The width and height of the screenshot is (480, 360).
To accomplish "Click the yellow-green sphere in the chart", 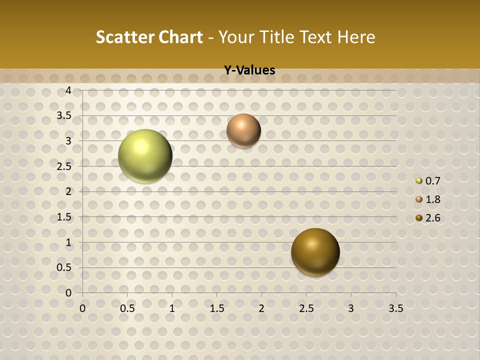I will pyautogui.click(x=145, y=156).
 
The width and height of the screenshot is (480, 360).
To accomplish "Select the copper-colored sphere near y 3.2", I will pyautogui.click(x=243, y=130).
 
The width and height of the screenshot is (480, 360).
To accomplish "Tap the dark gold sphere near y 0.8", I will pyautogui.click(x=315, y=252).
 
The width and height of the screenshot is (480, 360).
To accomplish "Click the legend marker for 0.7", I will pyautogui.click(x=419, y=181).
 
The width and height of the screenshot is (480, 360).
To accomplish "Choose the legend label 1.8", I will pyautogui.click(x=432, y=199).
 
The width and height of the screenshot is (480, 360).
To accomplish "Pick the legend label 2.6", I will pyautogui.click(x=432, y=218).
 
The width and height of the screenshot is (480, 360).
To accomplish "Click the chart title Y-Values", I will pyautogui.click(x=249, y=70).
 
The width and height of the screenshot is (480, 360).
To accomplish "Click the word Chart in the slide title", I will pyautogui.click(x=180, y=37).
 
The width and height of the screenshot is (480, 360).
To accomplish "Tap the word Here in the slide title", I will pyautogui.click(x=356, y=37).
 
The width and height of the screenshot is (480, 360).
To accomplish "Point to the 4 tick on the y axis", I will pyautogui.click(x=68, y=90).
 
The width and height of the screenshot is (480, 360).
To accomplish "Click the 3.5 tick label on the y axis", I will pyautogui.click(x=64, y=116).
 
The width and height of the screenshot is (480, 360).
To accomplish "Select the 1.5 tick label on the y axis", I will pyautogui.click(x=64, y=217).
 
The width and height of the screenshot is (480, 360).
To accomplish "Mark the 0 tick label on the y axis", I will pyautogui.click(x=68, y=293).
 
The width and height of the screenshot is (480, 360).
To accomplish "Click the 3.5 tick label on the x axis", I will pyautogui.click(x=395, y=308).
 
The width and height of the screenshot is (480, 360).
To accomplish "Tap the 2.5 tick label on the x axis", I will pyautogui.click(x=306, y=308).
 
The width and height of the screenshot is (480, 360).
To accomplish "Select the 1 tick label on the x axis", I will pyautogui.click(x=172, y=308).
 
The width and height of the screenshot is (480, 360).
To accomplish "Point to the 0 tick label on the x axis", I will pyautogui.click(x=82, y=308).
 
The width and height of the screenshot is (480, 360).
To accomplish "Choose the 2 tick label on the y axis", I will pyautogui.click(x=68, y=191).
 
